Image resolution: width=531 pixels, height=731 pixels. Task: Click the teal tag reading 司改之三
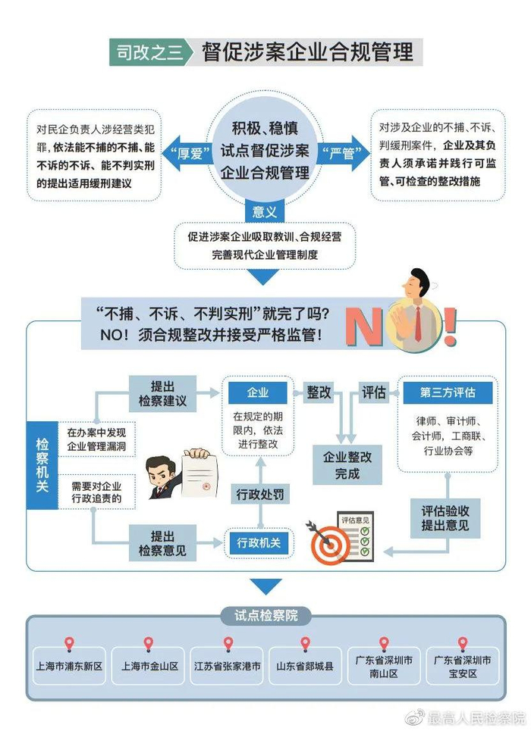pos(148,52)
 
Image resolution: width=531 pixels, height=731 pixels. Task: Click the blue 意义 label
pos(265,206)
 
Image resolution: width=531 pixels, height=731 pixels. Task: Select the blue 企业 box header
pos(257,393)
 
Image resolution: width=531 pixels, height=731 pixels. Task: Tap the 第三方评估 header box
pos(446,392)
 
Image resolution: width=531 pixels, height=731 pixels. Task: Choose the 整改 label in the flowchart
pos(319,392)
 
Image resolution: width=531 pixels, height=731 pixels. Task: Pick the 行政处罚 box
pos(258,495)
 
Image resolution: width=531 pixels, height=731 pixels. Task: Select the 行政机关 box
pos(258,542)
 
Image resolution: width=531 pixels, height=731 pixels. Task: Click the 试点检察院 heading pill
pos(265,615)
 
